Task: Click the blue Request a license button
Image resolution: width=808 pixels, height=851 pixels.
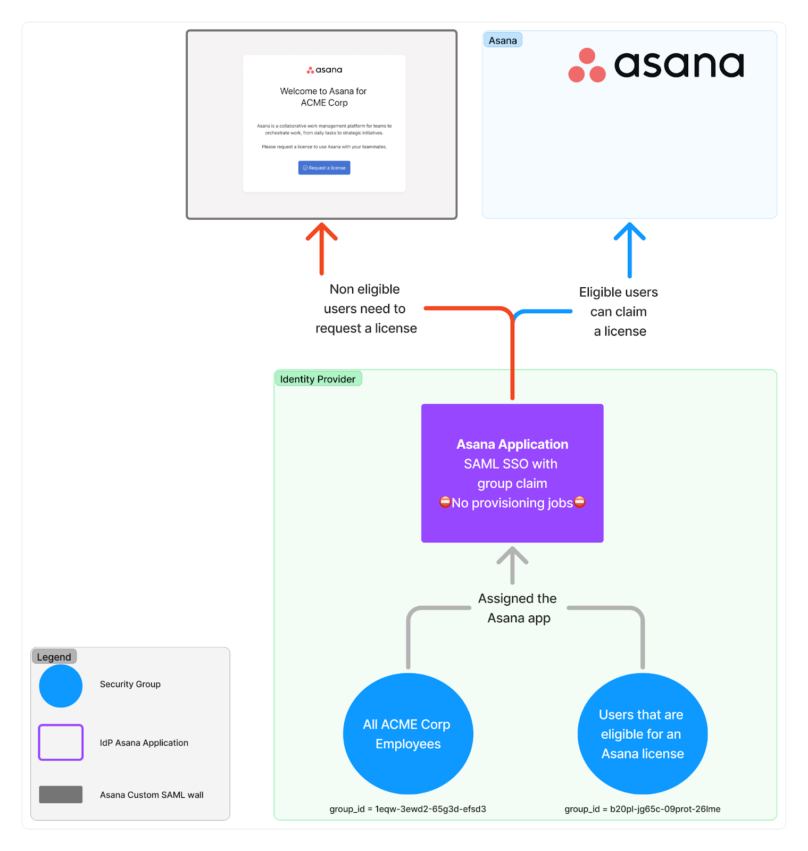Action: [324, 168]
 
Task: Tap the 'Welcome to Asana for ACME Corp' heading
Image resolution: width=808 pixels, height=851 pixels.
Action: [323, 97]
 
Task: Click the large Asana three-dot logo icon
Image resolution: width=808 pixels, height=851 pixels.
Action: [587, 66]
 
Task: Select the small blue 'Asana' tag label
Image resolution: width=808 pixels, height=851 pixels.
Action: [503, 40]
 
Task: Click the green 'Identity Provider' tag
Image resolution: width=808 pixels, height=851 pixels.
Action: [318, 379]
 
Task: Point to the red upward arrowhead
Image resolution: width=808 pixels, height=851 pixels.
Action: [322, 232]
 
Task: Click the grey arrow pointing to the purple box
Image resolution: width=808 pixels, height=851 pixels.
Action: [512, 564]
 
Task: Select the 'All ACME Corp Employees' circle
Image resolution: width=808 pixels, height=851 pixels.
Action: [408, 734]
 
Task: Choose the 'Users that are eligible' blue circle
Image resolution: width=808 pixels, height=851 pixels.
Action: [643, 734]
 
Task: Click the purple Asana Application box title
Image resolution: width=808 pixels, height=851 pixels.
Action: [512, 444]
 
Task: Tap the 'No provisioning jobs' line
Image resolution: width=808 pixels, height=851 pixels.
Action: [512, 503]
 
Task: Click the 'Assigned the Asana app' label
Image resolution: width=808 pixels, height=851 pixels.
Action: [518, 608]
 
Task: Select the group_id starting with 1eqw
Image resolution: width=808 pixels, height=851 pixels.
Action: [407, 809]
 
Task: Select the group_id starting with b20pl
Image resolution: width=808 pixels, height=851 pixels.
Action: [643, 809]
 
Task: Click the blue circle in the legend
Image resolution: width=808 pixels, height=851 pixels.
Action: [61, 686]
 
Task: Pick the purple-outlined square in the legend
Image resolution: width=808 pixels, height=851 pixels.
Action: [61, 742]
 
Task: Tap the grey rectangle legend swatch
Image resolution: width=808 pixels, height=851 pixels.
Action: [61, 794]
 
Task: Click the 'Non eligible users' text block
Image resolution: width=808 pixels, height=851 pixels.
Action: [365, 309]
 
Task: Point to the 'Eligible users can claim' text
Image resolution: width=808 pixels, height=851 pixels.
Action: [619, 312]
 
